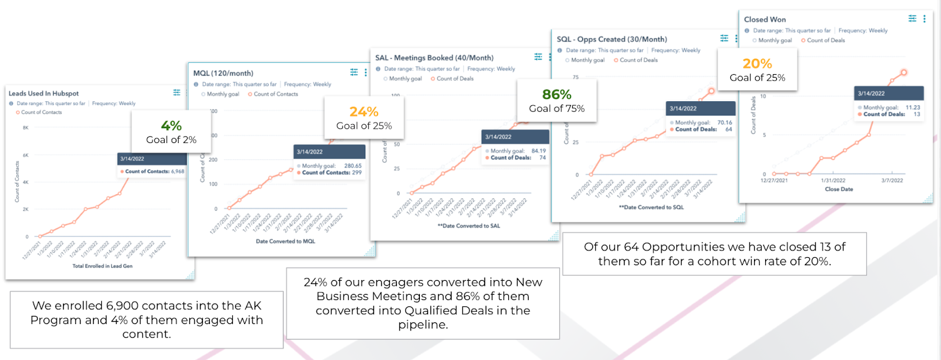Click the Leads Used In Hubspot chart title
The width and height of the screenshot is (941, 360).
[x=44, y=94]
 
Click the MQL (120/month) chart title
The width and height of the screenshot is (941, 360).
[x=223, y=74]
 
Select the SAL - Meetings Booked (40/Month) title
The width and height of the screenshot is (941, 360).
[x=435, y=58]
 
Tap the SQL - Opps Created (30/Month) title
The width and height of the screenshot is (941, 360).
[x=612, y=39]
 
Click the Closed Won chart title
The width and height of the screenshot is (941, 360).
[x=765, y=19]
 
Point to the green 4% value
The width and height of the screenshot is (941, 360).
[x=171, y=126]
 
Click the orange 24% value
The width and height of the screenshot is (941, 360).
[x=364, y=112]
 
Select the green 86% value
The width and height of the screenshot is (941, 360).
[x=557, y=95]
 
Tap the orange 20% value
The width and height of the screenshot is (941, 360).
[x=758, y=64]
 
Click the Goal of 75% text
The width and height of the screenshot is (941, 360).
[x=557, y=109]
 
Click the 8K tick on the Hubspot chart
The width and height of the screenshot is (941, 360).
[x=25, y=128]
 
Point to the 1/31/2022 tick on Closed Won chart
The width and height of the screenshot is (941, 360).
[x=833, y=181]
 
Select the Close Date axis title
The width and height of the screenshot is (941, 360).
[x=839, y=189]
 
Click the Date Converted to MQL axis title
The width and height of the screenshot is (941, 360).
[x=285, y=241]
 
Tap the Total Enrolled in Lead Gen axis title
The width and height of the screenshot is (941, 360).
[x=102, y=266]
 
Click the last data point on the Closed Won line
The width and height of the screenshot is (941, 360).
[x=904, y=72]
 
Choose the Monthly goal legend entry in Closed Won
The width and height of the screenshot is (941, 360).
[x=775, y=41]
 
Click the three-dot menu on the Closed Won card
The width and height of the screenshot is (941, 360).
[x=925, y=19]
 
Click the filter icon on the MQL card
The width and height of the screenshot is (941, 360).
[x=354, y=72]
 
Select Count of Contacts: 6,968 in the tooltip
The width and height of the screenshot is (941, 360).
[x=154, y=172]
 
